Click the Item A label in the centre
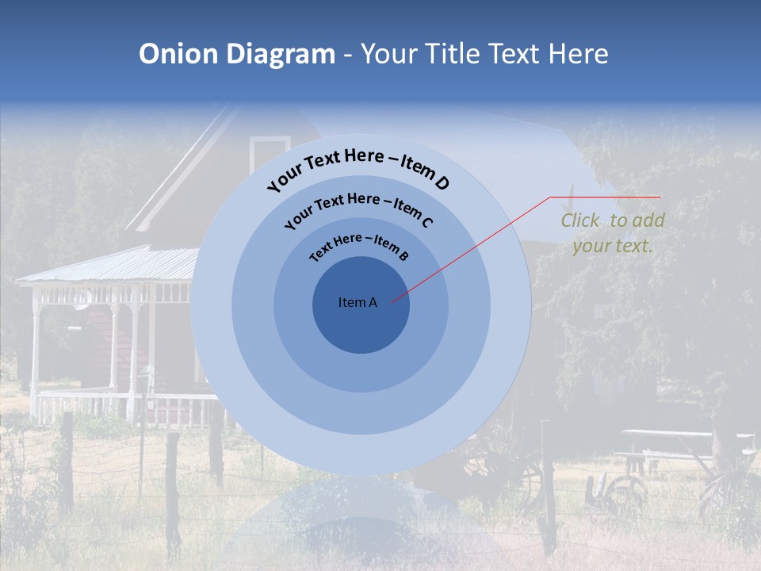pyautogui.click(x=358, y=302)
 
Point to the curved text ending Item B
pyautogui.click(x=359, y=246)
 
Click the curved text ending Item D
pyautogui.click(x=358, y=166)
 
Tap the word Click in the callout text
pyautogui.click(x=580, y=220)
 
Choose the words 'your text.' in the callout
pyautogui.click(x=612, y=246)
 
